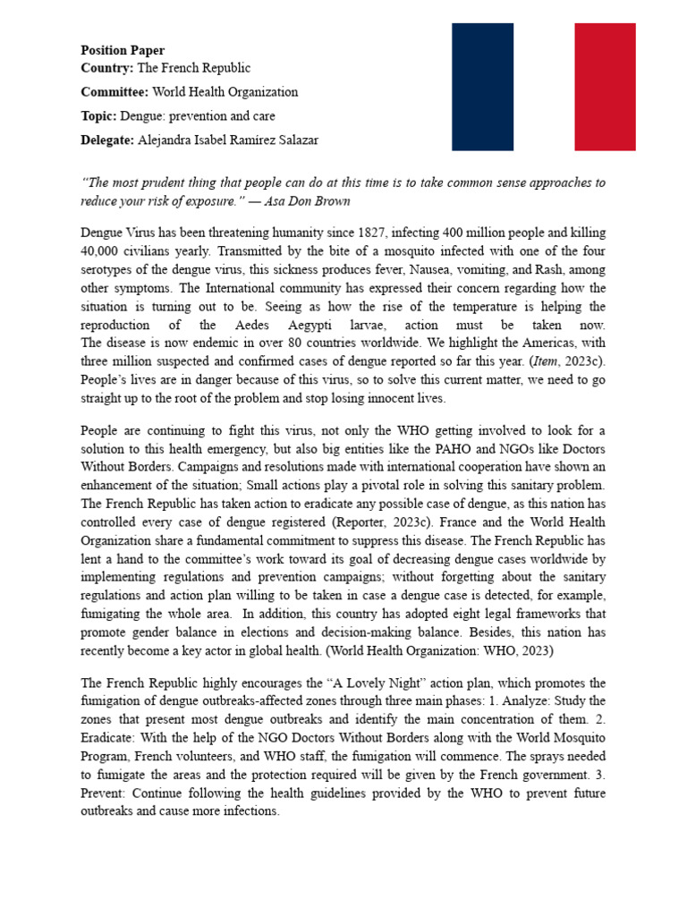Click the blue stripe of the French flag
(x=482, y=87)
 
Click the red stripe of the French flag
(x=605, y=87)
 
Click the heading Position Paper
(x=123, y=51)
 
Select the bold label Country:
(x=106, y=68)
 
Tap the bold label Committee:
(x=114, y=92)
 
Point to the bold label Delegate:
(x=107, y=140)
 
